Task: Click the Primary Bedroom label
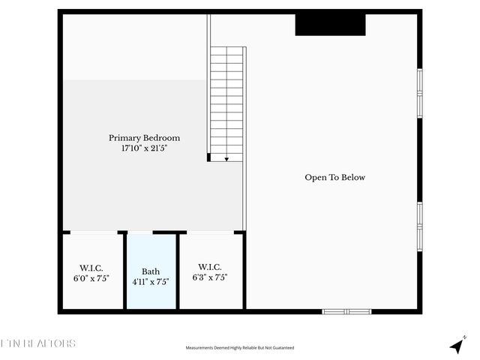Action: pos(144,138)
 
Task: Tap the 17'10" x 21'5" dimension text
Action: pos(144,149)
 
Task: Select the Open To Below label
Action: pos(334,178)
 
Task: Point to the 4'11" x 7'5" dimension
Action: pos(151,282)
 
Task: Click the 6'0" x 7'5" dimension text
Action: pos(91,278)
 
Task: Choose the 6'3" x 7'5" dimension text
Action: pos(209,277)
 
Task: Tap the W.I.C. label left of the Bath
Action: pos(91,268)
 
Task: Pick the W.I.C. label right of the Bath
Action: pos(209,267)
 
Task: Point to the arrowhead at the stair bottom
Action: pos(226,159)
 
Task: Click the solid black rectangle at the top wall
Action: pos(330,24)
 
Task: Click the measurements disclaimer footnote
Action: pos(240,348)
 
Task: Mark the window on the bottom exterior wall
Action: pos(346,311)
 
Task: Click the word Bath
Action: pos(151,271)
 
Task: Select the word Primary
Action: pos(124,138)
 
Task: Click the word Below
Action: pos(352,178)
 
